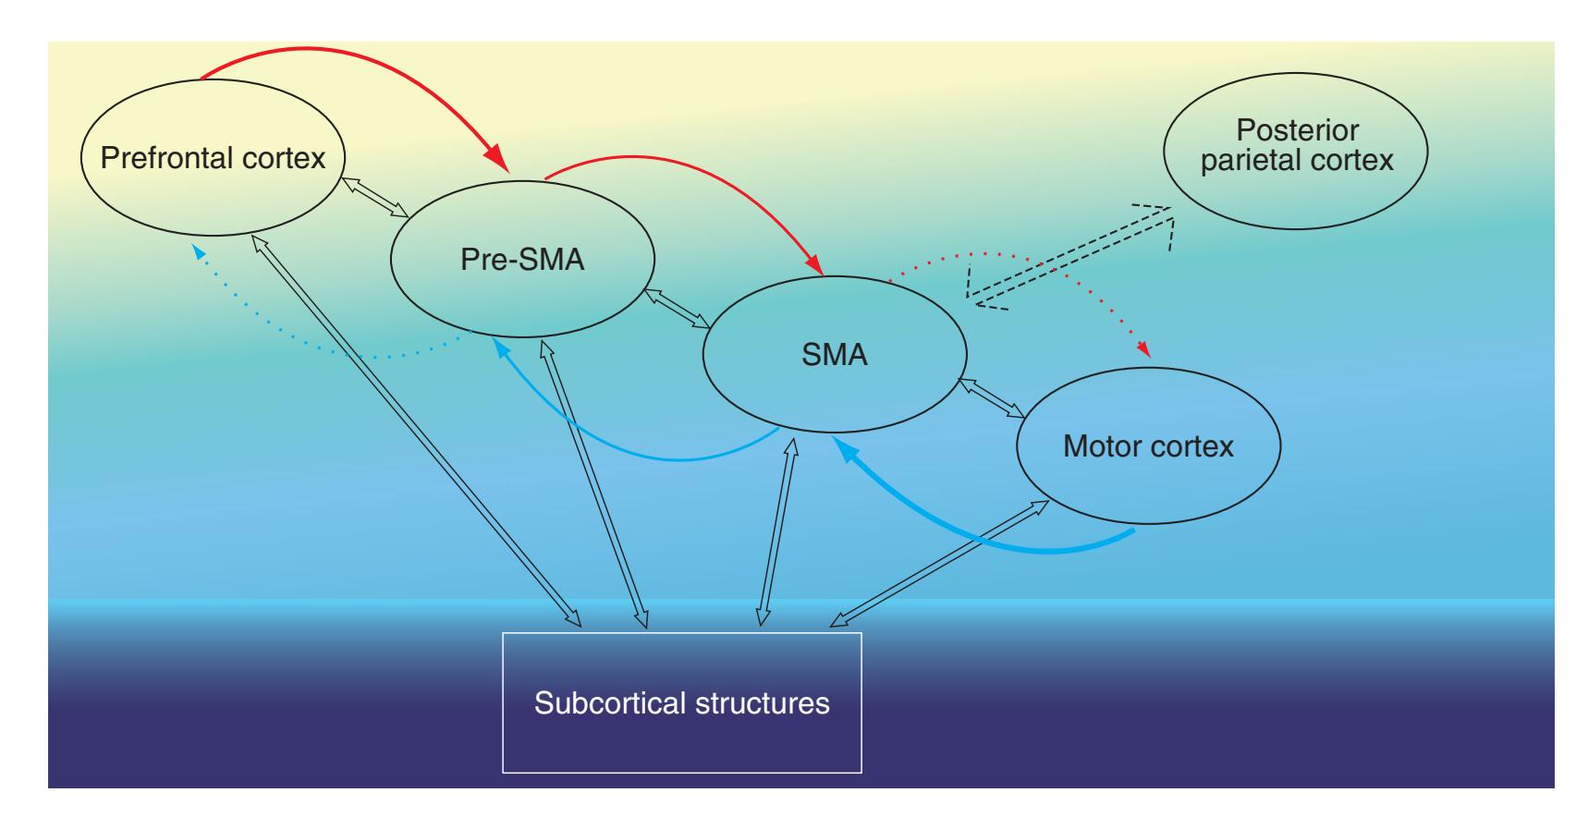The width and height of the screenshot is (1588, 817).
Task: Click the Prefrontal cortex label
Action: [x=213, y=158]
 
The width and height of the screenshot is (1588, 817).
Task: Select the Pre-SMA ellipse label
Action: [x=522, y=260]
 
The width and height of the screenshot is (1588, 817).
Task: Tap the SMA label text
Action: [x=835, y=355]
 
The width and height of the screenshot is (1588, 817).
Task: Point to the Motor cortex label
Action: [x=1148, y=447]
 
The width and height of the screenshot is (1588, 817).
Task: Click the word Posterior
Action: [x=1296, y=129]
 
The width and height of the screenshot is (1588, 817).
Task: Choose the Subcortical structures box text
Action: [x=681, y=703]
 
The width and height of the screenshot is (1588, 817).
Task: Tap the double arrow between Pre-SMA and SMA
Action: [x=678, y=308]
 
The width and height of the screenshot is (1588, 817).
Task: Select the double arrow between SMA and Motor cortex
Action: [x=991, y=397]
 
